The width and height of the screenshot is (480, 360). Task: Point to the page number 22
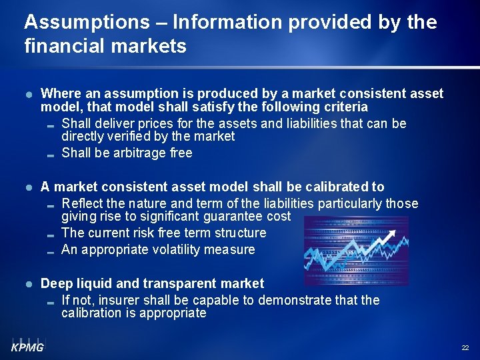click(x=465, y=348)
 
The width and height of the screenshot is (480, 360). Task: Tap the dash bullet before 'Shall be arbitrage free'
click(x=51, y=154)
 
